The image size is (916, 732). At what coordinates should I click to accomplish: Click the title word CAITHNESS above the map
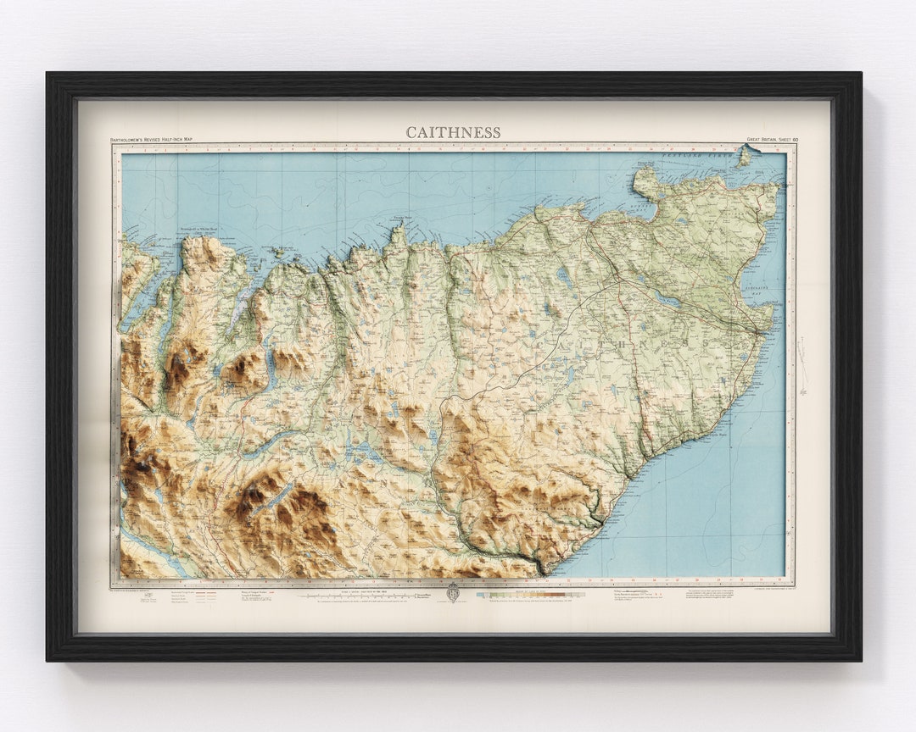[x=453, y=132]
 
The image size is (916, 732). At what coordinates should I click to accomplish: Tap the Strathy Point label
[x=397, y=219]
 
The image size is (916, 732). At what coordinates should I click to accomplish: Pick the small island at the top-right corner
[x=745, y=155]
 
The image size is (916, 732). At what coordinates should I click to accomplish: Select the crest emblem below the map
[x=453, y=592]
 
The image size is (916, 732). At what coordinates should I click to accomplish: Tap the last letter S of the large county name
[x=706, y=341]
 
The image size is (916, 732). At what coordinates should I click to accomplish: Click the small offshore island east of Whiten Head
[x=276, y=252]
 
